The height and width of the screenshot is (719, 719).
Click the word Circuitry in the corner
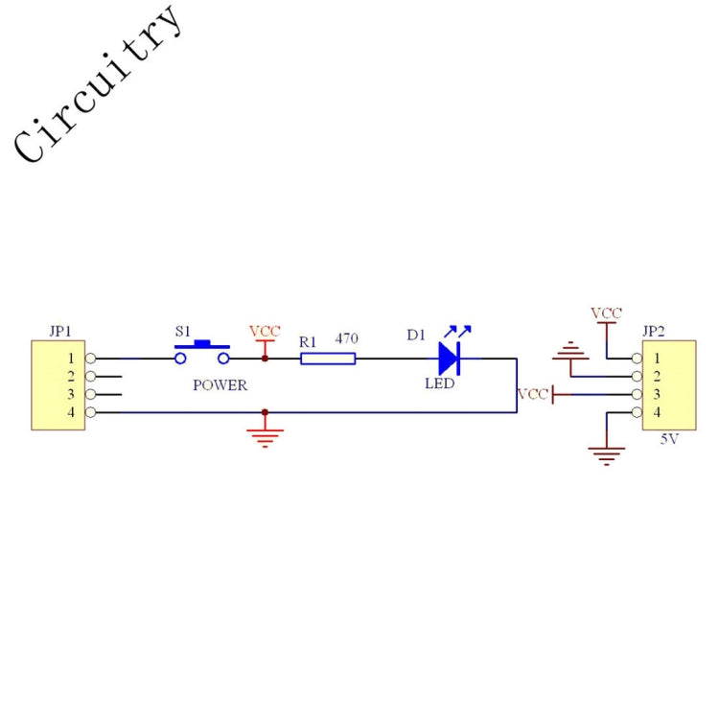coord(96,84)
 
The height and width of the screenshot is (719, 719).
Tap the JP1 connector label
coord(60,331)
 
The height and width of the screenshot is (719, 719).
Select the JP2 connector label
coord(654,331)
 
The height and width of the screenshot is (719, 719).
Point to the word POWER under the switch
coord(220,385)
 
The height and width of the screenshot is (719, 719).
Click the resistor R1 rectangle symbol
coord(328,359)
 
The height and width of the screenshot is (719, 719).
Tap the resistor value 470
coord(346,338)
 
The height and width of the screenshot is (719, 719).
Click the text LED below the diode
coord(440,383)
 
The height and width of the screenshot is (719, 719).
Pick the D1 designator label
coord(416,336)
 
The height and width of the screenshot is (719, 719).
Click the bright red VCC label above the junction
coord(265,331)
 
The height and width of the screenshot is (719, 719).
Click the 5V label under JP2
coord(669,439)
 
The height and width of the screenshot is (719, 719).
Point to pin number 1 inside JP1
coord(71,359)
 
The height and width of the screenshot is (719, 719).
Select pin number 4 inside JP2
coord(657,412)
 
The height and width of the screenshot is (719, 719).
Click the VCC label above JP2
coord(606,313)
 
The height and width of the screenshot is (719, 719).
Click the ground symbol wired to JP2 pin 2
coord(570,350)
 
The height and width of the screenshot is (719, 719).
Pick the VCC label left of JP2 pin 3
coord(533,394)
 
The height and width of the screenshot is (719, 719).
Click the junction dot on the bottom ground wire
coord(265,412)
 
